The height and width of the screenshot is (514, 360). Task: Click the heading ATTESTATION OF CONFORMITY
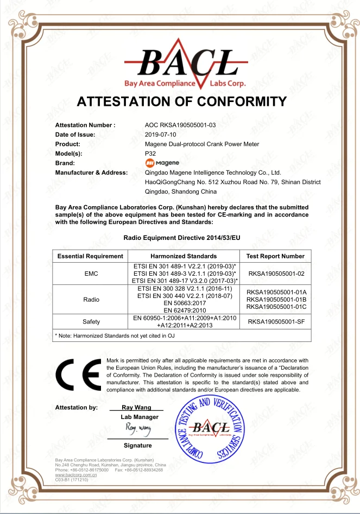(181, 101)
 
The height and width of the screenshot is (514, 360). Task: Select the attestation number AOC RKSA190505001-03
(180, 125)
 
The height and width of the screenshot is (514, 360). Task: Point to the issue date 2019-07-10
(161, 135)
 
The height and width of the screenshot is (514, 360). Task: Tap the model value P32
(151, 154)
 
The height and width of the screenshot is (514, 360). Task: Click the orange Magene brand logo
(162, 163)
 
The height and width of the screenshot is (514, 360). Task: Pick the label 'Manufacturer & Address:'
(91, 173)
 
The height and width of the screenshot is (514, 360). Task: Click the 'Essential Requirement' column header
(90, 256)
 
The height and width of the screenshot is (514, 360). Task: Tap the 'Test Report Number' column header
(275, 256)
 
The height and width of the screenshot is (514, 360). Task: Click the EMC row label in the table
(91, 274)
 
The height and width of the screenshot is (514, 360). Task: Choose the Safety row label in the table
(91, 322)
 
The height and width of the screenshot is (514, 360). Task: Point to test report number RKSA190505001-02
(276, 274)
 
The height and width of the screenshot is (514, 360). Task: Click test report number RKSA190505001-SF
(276, 322)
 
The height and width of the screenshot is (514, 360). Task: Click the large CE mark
(78, 375)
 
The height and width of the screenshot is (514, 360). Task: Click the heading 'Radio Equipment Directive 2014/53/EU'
(181, 238)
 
